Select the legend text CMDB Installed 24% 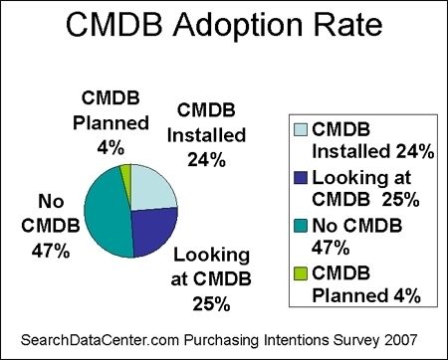click(x=371, y=140)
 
